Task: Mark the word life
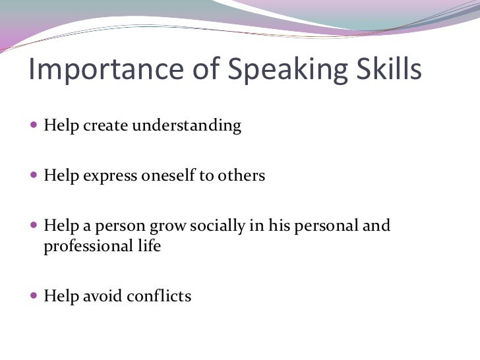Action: click(148, 247)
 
